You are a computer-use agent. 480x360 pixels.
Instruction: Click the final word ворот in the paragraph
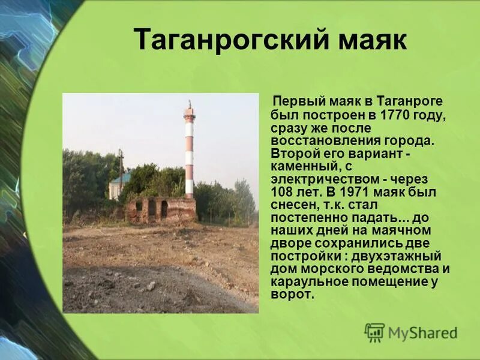pos(290,295)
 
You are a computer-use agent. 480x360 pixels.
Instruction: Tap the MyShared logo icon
pos(374,332)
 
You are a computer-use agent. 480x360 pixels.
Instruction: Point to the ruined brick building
pos(161,209)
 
